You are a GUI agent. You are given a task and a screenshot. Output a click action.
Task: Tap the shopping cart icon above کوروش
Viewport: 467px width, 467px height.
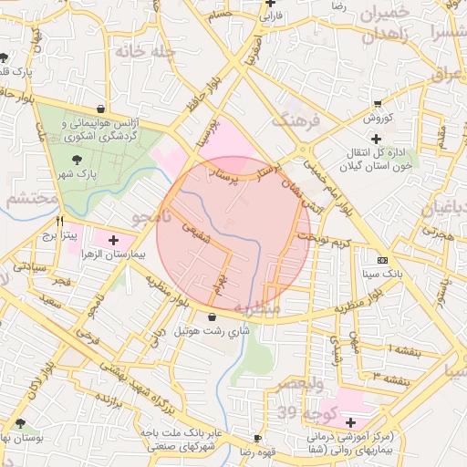[378, 104]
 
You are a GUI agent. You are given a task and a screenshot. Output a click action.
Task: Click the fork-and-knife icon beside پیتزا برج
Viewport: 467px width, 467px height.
[59, 221]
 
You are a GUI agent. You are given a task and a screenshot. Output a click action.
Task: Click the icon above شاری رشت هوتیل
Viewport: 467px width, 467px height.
[212, 317]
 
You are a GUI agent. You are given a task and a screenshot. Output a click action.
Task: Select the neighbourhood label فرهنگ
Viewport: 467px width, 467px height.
[294, 119]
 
